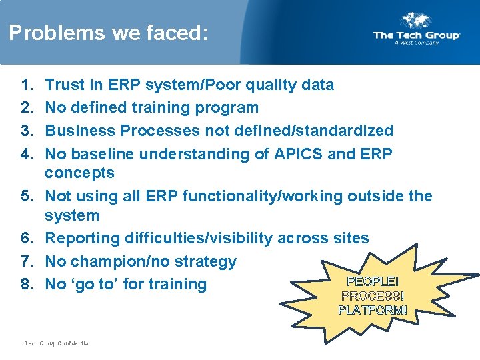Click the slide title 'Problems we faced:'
click(108, 33)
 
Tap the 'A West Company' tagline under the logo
click(417, 43)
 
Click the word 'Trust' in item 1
click(65, 85)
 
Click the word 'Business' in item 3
click(76, 130)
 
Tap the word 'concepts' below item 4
click(79, 173)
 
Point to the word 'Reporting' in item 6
click(81, 238)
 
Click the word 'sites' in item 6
click(350, 238)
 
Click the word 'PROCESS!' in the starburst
click(373, 296)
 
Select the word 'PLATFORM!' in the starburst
click(373, 310)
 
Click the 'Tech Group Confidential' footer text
click(57, 343)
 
